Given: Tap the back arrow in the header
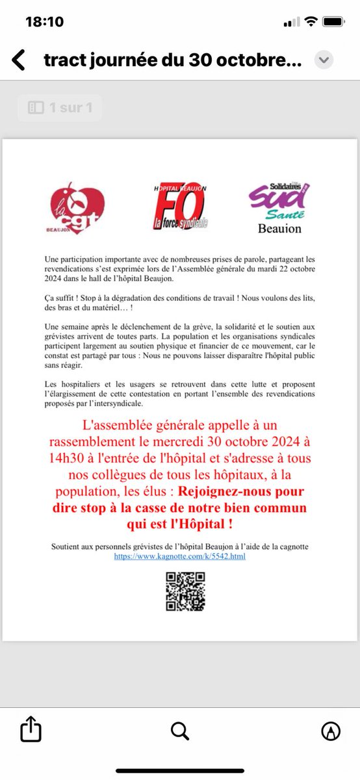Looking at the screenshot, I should [x=19, y=60].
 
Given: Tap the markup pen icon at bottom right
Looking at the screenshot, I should [x=331, y=731].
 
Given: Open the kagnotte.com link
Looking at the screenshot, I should [x=180, y=556].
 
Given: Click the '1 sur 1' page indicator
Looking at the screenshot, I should [x=60, y=108].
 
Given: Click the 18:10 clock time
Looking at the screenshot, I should [x=45, y=22].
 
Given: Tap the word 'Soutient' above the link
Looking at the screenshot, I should [x=68, y=547].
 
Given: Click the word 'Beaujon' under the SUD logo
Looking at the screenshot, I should [x=279, y=229].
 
